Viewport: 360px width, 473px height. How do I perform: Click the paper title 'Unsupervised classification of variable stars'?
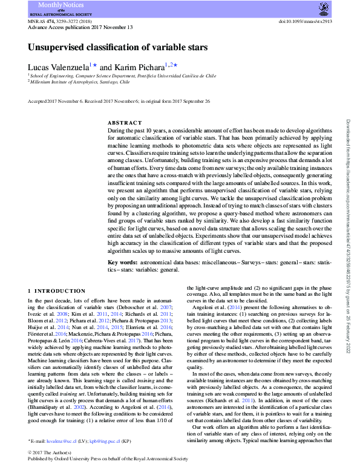tap(118, 47)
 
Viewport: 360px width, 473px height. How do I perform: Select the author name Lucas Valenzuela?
tap(58, 66)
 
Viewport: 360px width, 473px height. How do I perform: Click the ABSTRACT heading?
tap(124, 123)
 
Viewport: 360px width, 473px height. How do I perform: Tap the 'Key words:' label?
tap(123, 262)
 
